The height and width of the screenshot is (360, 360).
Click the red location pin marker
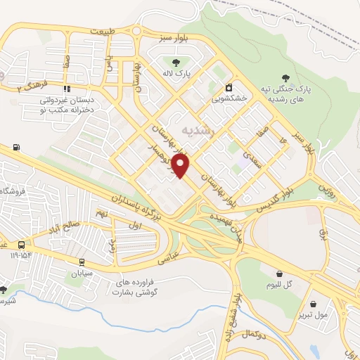181,166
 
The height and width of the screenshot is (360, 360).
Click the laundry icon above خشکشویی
229,89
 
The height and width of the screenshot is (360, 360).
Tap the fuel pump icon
15,148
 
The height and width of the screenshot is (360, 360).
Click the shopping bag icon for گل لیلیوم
280,274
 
